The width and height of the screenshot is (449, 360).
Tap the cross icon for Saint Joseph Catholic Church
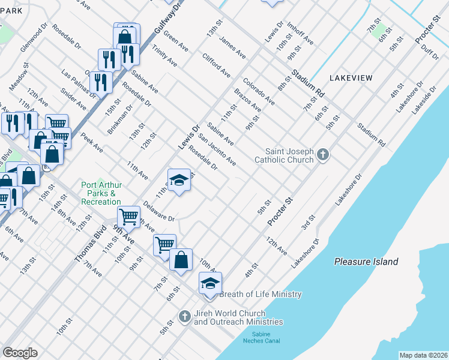(x=323, y=155)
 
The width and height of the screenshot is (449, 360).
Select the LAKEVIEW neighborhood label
(x=351, y=78)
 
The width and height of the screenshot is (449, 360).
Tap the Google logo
(x=20, y=353)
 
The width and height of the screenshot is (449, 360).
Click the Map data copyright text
(x=423, y=355)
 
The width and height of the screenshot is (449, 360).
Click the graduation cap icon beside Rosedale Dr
(x=179, y=180)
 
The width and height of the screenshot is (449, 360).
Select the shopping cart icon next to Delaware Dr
(x=128, y=216)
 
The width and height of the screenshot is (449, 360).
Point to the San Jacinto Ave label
(x=217, y=150)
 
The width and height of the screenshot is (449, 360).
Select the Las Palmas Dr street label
(x=79, y=82)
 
